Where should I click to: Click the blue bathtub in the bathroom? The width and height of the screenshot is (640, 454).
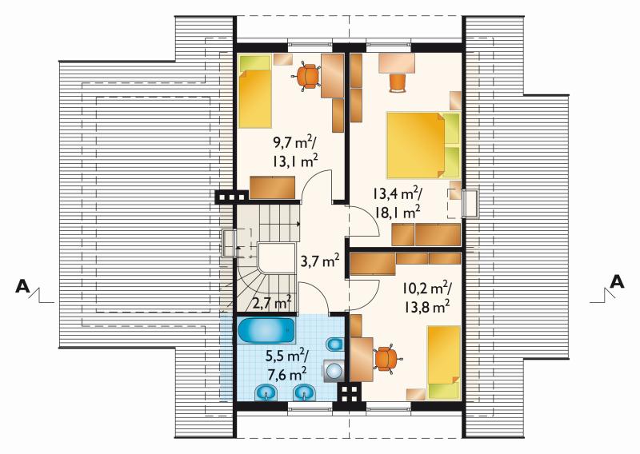266,330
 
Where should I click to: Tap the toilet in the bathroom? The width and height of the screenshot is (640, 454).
334,344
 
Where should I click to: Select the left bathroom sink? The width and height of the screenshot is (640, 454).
266,392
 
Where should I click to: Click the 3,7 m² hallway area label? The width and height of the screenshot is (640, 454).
320,261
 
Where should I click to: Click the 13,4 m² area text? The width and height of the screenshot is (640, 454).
397,193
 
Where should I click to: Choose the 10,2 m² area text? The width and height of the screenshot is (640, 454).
426,288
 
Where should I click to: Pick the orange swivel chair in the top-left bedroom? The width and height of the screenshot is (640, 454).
308,76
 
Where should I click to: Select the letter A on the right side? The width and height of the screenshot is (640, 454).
617,281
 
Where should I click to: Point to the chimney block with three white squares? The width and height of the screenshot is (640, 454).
232,197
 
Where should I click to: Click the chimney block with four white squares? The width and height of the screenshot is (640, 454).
350,392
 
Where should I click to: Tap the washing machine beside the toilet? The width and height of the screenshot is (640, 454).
334,371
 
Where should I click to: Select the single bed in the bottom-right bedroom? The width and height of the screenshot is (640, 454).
444,362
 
